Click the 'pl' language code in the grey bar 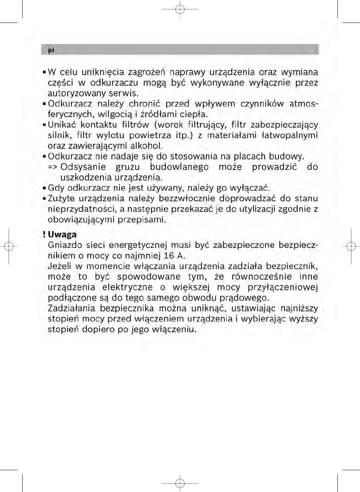50,50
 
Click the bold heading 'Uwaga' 62,235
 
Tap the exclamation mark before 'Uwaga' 44,235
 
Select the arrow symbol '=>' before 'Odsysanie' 52,167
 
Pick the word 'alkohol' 146,146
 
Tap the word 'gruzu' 127,167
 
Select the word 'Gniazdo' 65,246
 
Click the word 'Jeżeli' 59,267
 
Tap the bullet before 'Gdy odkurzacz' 44,188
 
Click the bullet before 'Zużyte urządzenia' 44,198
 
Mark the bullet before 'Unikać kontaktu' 44,125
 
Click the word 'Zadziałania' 71,309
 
